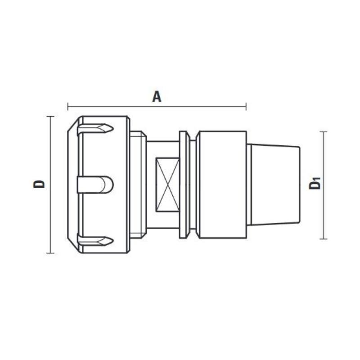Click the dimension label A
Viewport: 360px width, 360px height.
point(157,96)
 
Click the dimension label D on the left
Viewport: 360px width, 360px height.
point(40,184)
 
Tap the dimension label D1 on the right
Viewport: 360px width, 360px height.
point(315,184)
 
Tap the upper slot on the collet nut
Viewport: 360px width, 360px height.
point(94,130)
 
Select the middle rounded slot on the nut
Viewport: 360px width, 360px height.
point(94,184)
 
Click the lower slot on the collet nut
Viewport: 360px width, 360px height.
point(94,240)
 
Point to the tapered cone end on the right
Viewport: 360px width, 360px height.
point(274,184)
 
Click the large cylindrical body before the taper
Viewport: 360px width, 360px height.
point(221,184)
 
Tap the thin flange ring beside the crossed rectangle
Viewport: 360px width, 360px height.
point(184,184)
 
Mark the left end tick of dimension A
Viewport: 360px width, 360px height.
point(68,107)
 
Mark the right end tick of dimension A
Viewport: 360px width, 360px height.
point(246,107)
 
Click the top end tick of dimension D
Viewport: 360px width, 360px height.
point(50,117)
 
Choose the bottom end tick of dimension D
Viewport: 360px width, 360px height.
point(50,253)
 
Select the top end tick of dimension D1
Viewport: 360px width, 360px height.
point(323,132)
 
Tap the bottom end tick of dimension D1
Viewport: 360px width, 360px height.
point(323,239)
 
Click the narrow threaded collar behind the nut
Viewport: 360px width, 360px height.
point(138,184)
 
